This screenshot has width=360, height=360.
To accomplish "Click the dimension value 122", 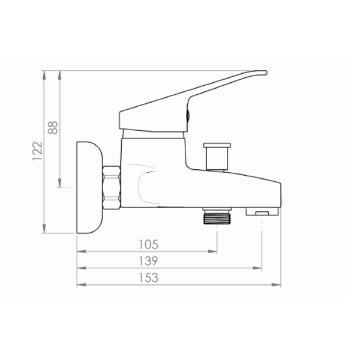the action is [37, 151].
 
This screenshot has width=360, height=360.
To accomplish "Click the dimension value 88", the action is [53, 127].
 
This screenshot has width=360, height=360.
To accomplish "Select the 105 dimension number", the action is [149, 245].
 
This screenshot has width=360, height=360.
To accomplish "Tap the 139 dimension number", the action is [149, 261].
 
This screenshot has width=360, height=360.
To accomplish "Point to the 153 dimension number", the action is [149, 278].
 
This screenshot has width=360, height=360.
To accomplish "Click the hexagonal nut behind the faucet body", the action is [112, 188].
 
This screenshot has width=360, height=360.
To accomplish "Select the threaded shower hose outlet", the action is [217, 216].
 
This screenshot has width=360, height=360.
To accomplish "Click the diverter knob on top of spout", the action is [217, 157].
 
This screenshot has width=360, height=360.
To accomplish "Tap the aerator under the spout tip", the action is [262, 211].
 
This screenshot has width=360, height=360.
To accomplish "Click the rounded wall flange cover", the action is [89, 187].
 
